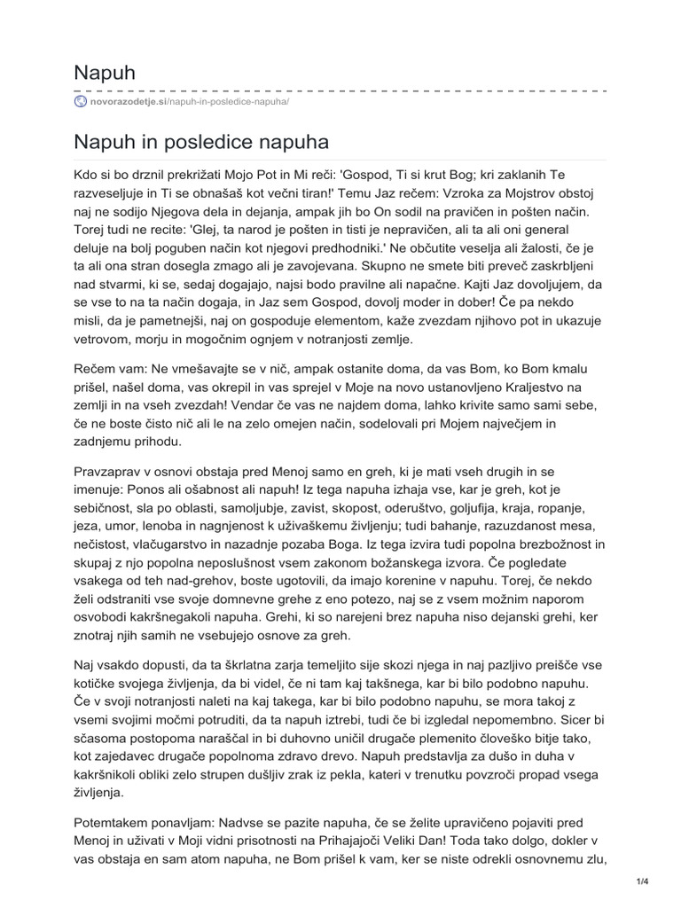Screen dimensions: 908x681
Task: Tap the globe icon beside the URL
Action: (x=81, y=102)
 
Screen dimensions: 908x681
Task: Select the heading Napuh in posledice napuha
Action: (x=202, y=142)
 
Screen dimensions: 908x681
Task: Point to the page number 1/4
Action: (x=643, y=881)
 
